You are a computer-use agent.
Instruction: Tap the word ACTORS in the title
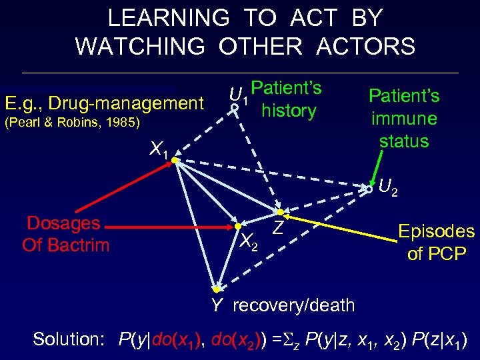pos(359,47)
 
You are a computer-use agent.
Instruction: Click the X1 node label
pos(159,149)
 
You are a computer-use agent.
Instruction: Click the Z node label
pos(279,227)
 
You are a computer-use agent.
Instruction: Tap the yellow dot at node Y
pos(216,290)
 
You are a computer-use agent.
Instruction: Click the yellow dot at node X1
pos(173,160)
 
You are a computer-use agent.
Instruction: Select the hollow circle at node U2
pos(369,190)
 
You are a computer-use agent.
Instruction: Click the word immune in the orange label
pos(405,119)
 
